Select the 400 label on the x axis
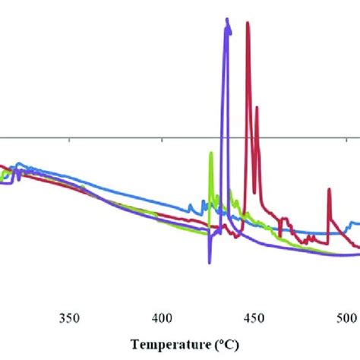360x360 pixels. pos(161,296)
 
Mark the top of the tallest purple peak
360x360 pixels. pos(226,21)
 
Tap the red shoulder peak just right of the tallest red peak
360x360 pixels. pos(257,109)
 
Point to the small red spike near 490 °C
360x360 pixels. pos(329,190)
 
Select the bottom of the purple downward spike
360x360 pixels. pos(209,262)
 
